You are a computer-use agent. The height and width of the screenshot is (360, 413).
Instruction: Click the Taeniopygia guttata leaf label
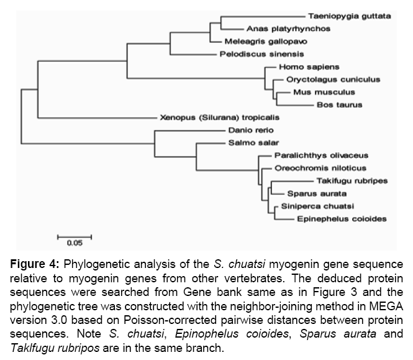[x=350, y=16]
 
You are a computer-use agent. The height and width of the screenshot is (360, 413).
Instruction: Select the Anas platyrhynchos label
[x=288, y=29]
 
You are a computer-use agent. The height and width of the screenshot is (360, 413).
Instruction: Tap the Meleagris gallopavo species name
[x=266, y=42]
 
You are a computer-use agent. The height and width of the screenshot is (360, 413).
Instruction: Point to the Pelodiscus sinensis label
[x=262, y=54]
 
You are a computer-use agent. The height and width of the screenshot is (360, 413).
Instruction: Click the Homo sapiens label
[x=309, y=67]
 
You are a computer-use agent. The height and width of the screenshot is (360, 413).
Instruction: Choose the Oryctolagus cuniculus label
[x=333, y=80]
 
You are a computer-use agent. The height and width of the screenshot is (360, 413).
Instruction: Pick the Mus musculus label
[x=324, y=92]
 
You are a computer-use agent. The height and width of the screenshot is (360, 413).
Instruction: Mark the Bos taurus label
[x=340, y=104]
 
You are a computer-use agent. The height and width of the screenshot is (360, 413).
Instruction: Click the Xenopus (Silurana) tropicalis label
[x=220, y=118]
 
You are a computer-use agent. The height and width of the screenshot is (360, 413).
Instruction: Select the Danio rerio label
[x=251, y=130]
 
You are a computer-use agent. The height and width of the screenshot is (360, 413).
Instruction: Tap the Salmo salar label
[x=253, y=142]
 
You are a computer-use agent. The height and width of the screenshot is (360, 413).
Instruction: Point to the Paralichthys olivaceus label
[x=321, y=155]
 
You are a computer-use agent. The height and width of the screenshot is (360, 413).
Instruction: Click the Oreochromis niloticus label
[x=320, y=168]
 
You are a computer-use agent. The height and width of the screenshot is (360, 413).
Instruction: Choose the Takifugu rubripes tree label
[x=352, y=181]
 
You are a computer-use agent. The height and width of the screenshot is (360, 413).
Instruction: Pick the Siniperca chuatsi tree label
[x=317, y=206]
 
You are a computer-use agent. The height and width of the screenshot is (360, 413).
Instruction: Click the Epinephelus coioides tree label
[x=342, y=219]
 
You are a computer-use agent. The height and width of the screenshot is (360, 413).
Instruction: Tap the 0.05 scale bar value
[x=75, y=243]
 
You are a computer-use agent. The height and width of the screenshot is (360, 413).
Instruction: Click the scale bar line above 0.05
[x=75, y=237]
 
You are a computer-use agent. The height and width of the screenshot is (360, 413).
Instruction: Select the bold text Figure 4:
[x=35, y=264]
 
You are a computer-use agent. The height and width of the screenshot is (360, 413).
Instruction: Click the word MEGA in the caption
[x=386, y=307]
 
